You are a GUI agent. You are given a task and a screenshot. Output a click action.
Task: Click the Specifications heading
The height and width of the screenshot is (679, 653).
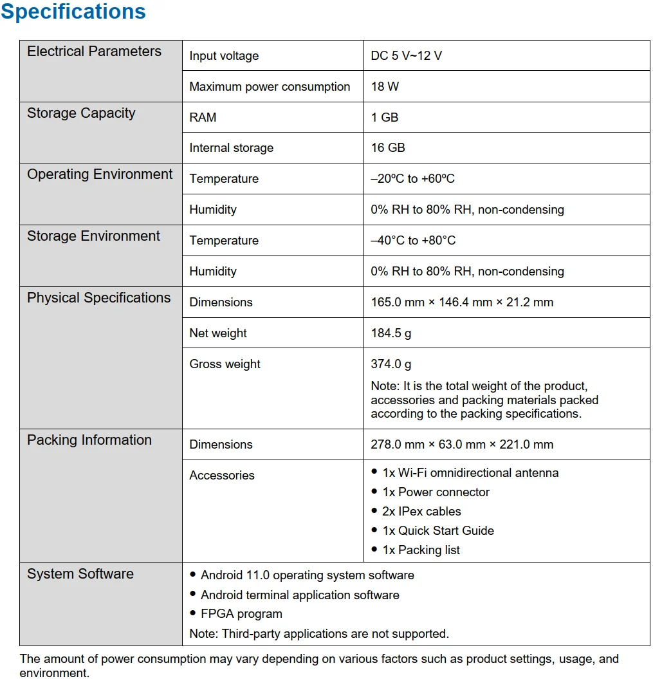pyautogui.click(x=73, y=12)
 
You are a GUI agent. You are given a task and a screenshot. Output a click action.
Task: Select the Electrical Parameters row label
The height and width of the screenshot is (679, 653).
pyautogui.click(x=94, y=51)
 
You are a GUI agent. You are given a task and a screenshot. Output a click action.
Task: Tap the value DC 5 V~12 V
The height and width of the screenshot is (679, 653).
pyautogui.click(x=406, y=56)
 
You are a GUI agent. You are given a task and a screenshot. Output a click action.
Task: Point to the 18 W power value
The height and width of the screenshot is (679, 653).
pyautogui.click(x=385, y=86)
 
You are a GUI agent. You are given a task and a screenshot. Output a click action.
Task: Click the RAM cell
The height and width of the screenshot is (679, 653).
pyautogui.click(x=203, y=117)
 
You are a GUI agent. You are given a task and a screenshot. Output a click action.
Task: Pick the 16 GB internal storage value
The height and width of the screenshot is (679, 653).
pyautogui.click(x=388, y=147)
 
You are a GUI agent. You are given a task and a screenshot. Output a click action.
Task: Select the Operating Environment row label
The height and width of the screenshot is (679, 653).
pyautogui.click(x=100, y=174)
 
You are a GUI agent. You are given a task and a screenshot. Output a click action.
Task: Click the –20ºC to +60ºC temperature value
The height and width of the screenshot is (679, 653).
pyautogui.click(x=412, y=178)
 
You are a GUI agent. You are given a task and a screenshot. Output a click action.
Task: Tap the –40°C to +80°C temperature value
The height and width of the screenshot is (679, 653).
pyautogui.click(x=413, y=240)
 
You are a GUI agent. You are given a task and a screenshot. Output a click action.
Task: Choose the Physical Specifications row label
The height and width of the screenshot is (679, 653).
pyautogui.click(x=98, y=298)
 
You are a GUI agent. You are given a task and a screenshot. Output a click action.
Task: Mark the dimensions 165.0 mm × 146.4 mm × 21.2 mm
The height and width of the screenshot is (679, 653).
pyautogui.click(x=462, y=302)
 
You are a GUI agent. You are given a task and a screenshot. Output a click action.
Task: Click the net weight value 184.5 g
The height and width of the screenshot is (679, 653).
pyautogui.click(x=391, y=333)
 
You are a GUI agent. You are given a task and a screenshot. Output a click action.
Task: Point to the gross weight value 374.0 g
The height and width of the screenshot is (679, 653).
pyautogui.click(x=391, y=364)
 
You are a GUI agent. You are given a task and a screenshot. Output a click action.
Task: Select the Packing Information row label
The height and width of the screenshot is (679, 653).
pyautogui.click(x=89, y=440)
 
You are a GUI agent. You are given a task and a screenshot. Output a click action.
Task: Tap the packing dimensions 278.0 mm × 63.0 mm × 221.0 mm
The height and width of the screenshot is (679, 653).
pyautogui.click(x=462, y=444)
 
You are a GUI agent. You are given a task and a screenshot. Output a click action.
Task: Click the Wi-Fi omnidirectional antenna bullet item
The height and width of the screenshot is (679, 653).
pyautogui.click(x=470, y=473)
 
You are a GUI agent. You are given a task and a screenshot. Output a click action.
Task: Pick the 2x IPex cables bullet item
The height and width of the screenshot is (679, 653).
pyautogui.click(x=421, y=512)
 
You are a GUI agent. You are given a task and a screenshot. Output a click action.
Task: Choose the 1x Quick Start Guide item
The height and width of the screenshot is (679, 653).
pyautogui.click(x=438, y=531)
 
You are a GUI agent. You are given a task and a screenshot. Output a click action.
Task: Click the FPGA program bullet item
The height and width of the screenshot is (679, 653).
pyautogui.click(x=241, y=614)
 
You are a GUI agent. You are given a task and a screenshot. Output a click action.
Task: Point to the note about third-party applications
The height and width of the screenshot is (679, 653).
pyautogui.click(x=319, y=633)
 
